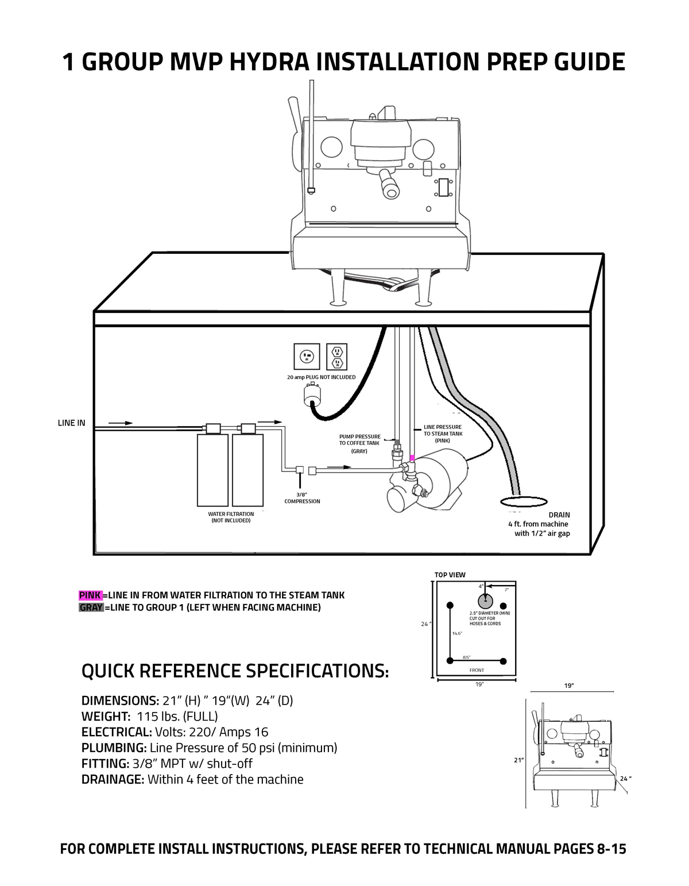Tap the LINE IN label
coord(71,423)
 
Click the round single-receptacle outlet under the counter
coord(307,357)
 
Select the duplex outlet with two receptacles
coord(337,357)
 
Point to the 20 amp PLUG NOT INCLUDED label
coord(321,377)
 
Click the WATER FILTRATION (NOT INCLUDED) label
coord(231,517)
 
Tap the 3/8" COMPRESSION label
coord(302,498)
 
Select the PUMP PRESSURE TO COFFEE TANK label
coord(359,440)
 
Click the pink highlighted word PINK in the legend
coord(90,595)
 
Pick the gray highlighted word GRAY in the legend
coord(91,608)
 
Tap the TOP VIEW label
coord(450,575)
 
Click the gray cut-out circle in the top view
coord(485,601)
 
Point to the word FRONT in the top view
coord(477,670)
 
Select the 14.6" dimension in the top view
coord(457,633)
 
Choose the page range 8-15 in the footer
coord(607,849)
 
